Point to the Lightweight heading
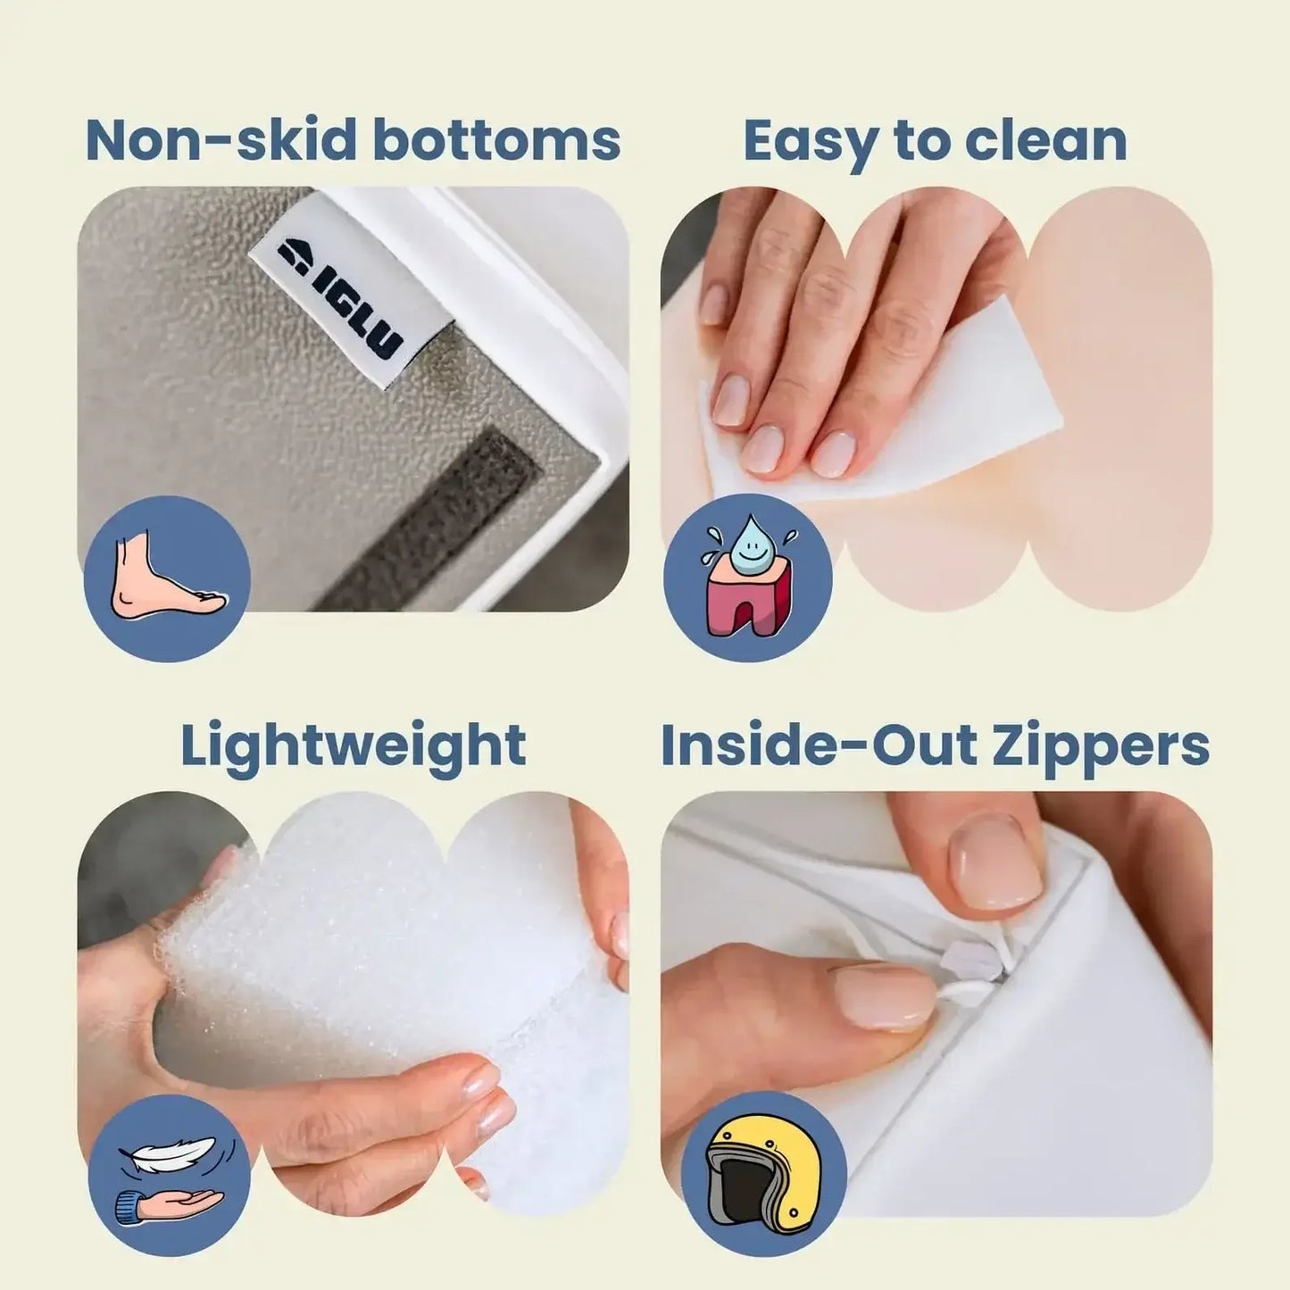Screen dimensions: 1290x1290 pos(353,745)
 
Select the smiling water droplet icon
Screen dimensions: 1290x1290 pos(746,553)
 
